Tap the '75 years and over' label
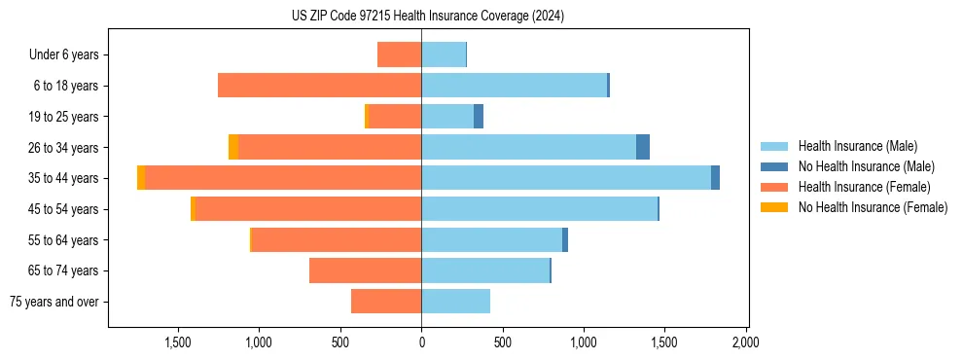[54, 302]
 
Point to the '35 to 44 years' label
[64, 178]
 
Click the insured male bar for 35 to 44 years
[566, 178]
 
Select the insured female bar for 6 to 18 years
[319, 86]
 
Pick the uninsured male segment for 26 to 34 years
[643, 147]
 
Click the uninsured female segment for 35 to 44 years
[141, 178]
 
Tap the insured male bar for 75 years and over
[455, 302]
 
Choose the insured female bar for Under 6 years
[399, 54]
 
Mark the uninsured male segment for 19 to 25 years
[479, 117]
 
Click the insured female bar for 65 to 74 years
[365, 270]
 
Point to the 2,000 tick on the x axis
[746, 342]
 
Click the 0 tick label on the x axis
[421, 342]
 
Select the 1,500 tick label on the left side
[178, 342]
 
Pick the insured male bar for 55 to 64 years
[491, 239]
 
